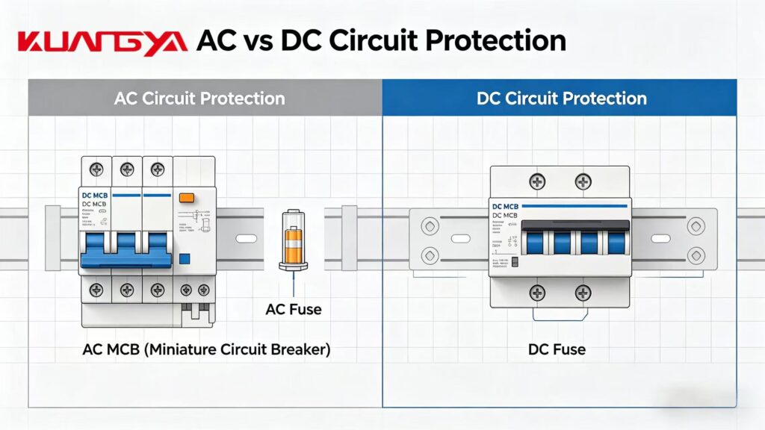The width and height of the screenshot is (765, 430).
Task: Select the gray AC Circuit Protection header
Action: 199,99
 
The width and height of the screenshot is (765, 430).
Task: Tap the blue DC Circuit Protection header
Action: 561,99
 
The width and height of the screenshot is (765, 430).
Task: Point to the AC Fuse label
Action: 294,308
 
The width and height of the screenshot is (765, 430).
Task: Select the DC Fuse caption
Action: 557,349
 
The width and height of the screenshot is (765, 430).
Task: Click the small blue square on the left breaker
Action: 185,258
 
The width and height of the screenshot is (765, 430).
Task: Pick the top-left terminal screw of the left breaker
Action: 96,169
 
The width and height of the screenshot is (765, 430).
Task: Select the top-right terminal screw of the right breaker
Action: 583,181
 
